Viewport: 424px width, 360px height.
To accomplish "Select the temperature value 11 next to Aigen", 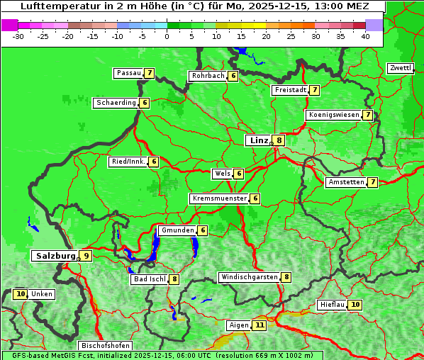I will pos(260,325).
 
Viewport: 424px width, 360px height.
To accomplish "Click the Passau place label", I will pos(128,73).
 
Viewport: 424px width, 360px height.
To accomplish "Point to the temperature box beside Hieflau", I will pos(355,305).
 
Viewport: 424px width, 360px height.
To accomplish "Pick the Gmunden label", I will pos(177,230).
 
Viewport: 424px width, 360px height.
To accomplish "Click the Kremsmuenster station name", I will pos(218,198).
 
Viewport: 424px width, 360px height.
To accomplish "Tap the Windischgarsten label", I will pos(249,277).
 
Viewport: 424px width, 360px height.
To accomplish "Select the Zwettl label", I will pos(401,68).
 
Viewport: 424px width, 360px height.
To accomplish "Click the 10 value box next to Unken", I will pos(21,294).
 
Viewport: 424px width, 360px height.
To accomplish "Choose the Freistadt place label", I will pos(289,90).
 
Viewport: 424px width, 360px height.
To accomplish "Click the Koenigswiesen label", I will pos(334,115).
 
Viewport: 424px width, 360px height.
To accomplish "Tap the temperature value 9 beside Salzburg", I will pos(86,256).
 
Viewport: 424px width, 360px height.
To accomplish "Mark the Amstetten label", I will pos(345,182).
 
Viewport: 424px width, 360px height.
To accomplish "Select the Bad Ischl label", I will pos(150,279).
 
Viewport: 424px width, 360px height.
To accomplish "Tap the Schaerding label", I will pos(116,103).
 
